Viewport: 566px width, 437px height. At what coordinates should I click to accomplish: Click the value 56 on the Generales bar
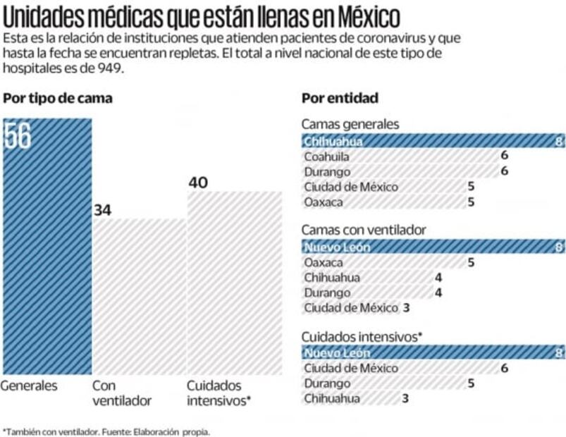(18, 136)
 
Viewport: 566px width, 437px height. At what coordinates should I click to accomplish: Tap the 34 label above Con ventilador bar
(103, 210)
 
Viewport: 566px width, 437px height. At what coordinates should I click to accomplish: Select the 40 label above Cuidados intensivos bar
(198, 183)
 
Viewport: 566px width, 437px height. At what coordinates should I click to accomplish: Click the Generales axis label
(29, 386)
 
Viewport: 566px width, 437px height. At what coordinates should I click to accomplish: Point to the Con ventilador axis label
(122, 393)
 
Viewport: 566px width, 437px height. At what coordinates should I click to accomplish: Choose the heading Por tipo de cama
(58, 99)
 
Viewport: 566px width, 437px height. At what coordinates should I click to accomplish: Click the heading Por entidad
(340, 99)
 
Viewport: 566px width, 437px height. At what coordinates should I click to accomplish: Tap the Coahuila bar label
(326, 156)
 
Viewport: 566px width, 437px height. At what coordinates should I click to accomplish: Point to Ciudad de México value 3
(406, 307)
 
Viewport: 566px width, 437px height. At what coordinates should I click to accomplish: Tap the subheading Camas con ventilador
(364, 230)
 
